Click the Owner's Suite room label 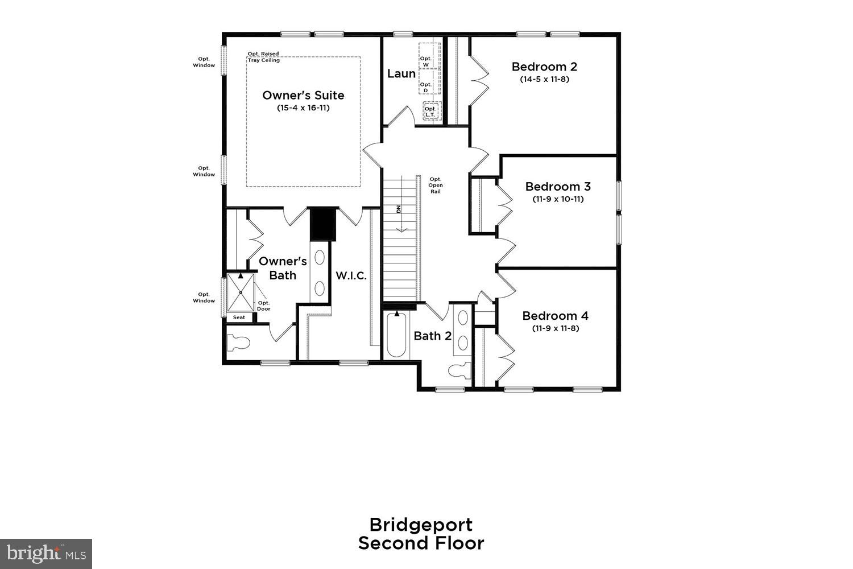[x=303, y=95]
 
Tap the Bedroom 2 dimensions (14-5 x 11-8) [x=544, y=79]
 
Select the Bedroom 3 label [x=558, y=187]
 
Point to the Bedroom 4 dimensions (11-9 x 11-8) [x=556, y=328]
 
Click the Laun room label [x=401, y=73]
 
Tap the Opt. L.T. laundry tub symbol [x=431, y=111]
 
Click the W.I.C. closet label [x=351, y=276]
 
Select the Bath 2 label [x=433, y=336]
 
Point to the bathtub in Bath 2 [x=397, y=335]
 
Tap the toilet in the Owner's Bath [x=238, y=343]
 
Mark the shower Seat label [x=239, y=317]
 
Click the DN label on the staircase [x=399, y=208]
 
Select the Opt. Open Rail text [x=436, y=185]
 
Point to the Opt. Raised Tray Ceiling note [x=263, y=57]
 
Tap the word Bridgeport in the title [x=421, y=524]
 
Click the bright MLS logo [x=45, y=553]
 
